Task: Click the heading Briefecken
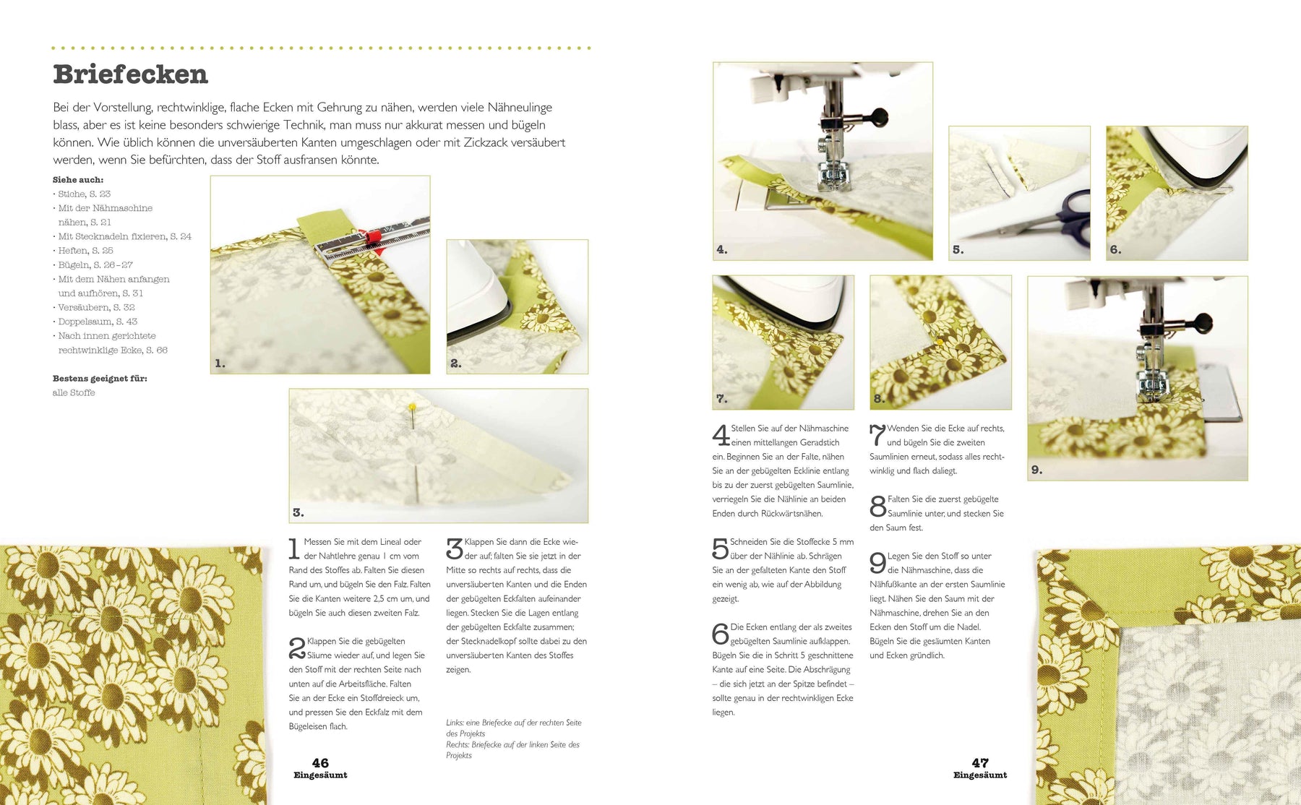[x=130, y=74]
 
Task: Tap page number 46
[x=320, y=763]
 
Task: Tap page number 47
[x=980, y=763]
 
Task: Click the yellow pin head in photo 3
[x=412, y=408]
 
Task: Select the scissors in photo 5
[x=1048, y=216]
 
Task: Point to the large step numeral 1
[x=293, y=548]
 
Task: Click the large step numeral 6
[x=720, y=634]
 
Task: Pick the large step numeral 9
[x=877, y=563]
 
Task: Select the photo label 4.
[x=721, y=249]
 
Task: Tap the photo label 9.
[x=1036, y=470]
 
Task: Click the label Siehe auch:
[x=78, y=180]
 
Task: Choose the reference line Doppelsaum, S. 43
[x=98, y=322]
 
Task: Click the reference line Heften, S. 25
[x=85, y=251]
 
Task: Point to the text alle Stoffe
[x=74, y=392]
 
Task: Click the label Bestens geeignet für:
[x=100, y=379]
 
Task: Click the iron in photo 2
[x=477, y=296]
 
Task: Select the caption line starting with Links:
[x=514, y=728]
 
